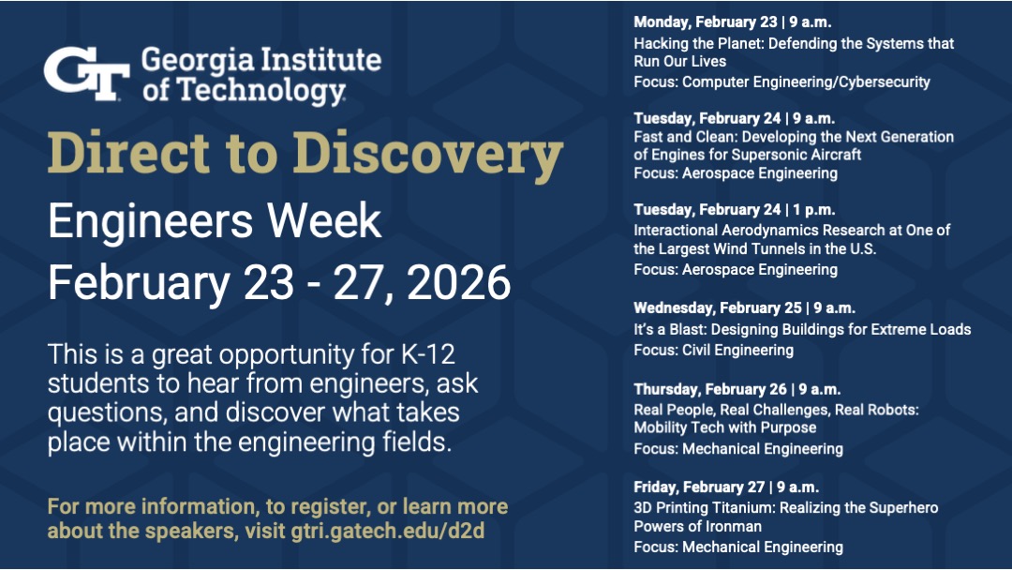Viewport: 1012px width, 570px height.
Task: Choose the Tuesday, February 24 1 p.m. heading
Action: pyautogui.click(x=734, y=209)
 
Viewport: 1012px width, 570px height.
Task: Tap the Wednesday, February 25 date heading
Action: pyautogui.click(x=744, y=307)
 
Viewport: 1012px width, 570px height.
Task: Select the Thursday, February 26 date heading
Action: pyautogui.click(x=737, y=388)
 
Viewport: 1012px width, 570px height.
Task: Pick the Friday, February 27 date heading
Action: pyautogui.click(x=725, y=487)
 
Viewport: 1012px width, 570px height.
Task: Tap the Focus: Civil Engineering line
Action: pyautogui.click(x=713, y=350)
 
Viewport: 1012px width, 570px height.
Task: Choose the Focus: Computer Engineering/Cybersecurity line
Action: pyautogui.click(x=781, y=82)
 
